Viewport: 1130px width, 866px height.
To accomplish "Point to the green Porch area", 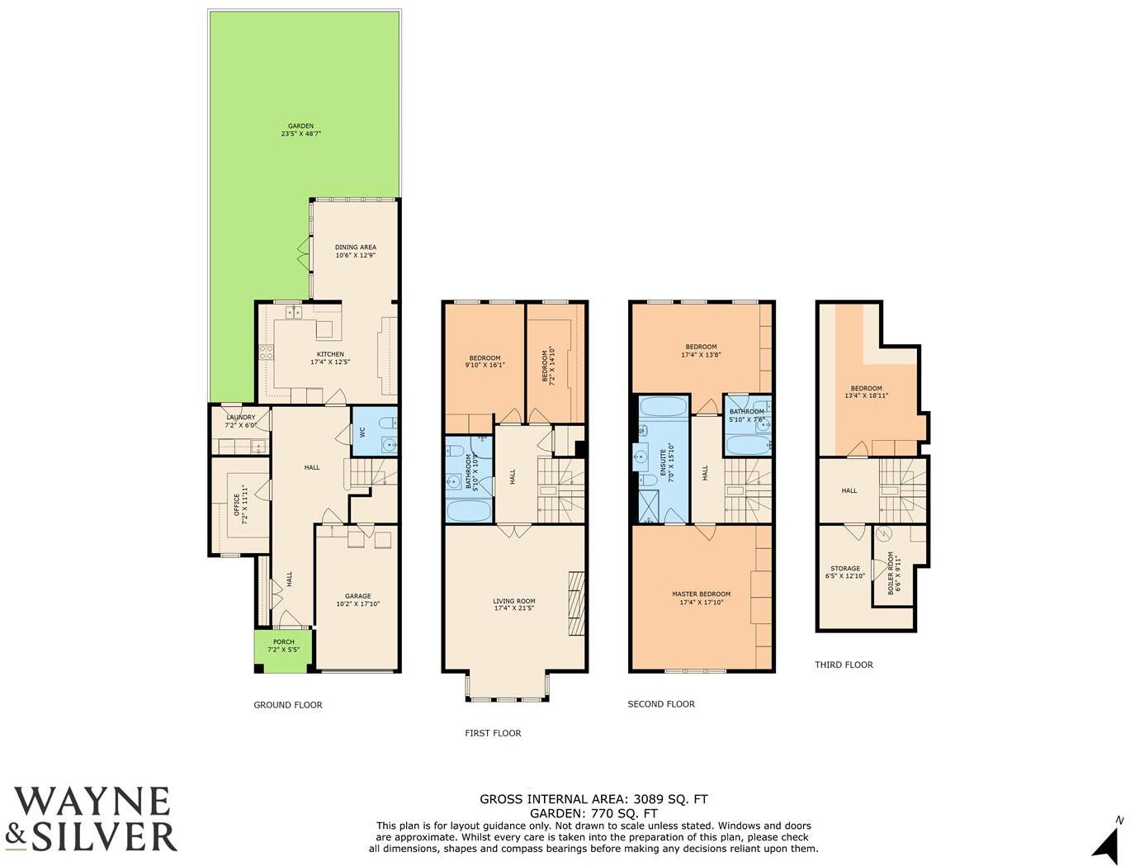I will [x=283, y=646].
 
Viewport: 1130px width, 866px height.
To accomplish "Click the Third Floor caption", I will [x=844, y=665].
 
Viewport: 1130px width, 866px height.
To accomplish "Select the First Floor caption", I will [x=493, y=733].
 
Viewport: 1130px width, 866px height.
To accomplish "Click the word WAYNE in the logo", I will [x=92, y=802].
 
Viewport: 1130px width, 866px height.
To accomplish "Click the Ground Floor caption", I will [x=287, y=705].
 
